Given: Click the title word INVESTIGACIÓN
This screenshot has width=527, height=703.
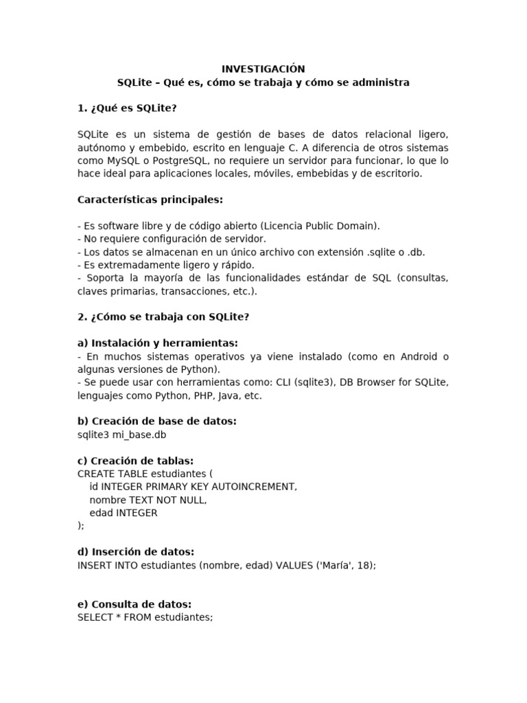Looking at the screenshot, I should coord(263,69).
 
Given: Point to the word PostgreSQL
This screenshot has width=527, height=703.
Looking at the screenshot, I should coord(180,161).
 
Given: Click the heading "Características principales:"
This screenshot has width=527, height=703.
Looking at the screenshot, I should coord(150,200).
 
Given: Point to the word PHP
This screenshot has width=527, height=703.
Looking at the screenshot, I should coord(188,395).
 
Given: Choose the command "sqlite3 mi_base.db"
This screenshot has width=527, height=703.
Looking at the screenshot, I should coord(122,435).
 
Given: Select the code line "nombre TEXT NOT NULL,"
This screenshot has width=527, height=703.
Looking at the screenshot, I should coord(148,500).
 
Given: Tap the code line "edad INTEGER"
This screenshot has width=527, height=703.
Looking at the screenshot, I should coord(124,513).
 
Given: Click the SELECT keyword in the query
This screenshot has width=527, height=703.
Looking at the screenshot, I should coord(95,617).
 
